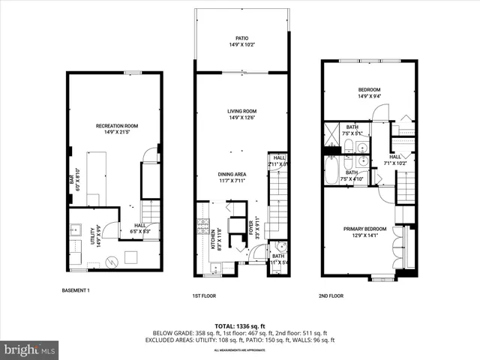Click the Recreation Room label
(x=117, y=126)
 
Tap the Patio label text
(x=241, y=37)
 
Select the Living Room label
(x=242, y=112)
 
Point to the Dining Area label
(x=232, y=174)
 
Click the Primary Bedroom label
(x=365, y=229)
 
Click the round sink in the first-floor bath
(x=280, y=250)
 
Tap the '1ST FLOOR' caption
(x=204, y=296)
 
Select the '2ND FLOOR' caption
(x=331, y=296)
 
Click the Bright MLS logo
(x=30, y=349)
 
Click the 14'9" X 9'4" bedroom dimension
(x=368, y=96)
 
